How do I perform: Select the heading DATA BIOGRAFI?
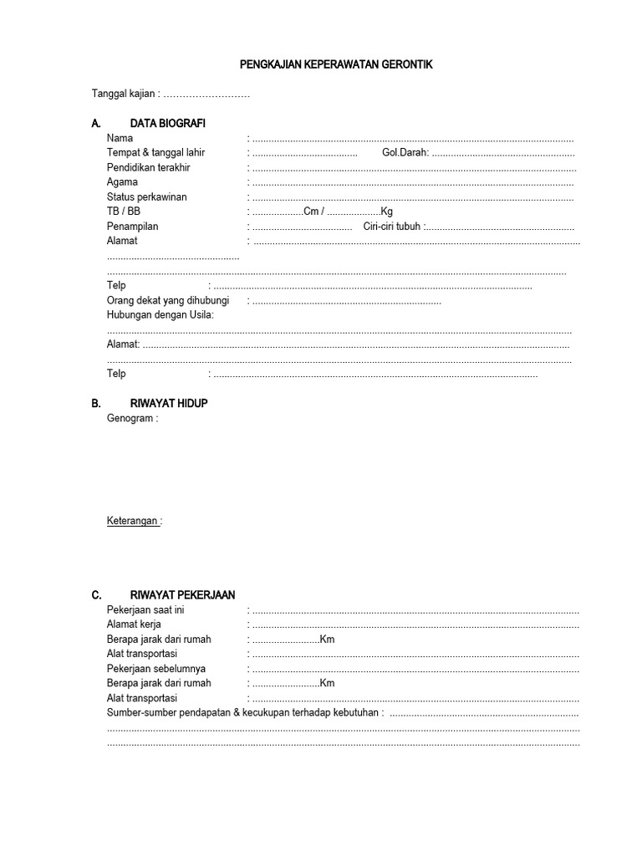167,124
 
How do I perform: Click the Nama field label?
120,139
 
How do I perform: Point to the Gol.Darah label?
405,153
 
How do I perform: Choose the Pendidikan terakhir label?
149,168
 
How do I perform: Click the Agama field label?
122,182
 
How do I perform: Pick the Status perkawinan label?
146,197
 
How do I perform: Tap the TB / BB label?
124,211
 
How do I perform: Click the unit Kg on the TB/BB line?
386,211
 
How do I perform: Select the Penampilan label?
132,227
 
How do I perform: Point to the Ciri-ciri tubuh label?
393,227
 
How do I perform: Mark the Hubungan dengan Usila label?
160,315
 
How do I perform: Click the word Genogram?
129,418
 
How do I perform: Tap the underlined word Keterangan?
133,521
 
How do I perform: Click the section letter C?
96,595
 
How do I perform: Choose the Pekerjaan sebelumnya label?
156,669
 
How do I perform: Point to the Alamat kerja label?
134,624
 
